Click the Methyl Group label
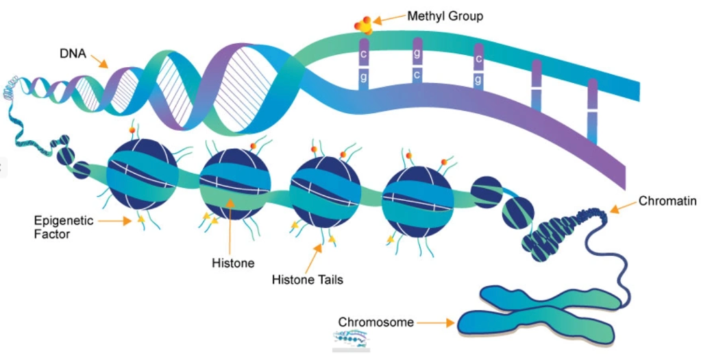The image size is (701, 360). coord(445,16)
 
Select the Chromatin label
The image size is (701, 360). coord(667,201)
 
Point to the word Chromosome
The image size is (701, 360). coord(376,322)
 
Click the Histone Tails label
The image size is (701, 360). coord(308,280)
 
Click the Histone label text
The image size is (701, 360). coord(233,263)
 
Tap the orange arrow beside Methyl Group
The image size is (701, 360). coord(389,19)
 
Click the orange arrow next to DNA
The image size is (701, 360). coord(100,62)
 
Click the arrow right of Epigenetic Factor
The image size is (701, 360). coord(117,221)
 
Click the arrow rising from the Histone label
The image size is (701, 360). coord(229,227)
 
